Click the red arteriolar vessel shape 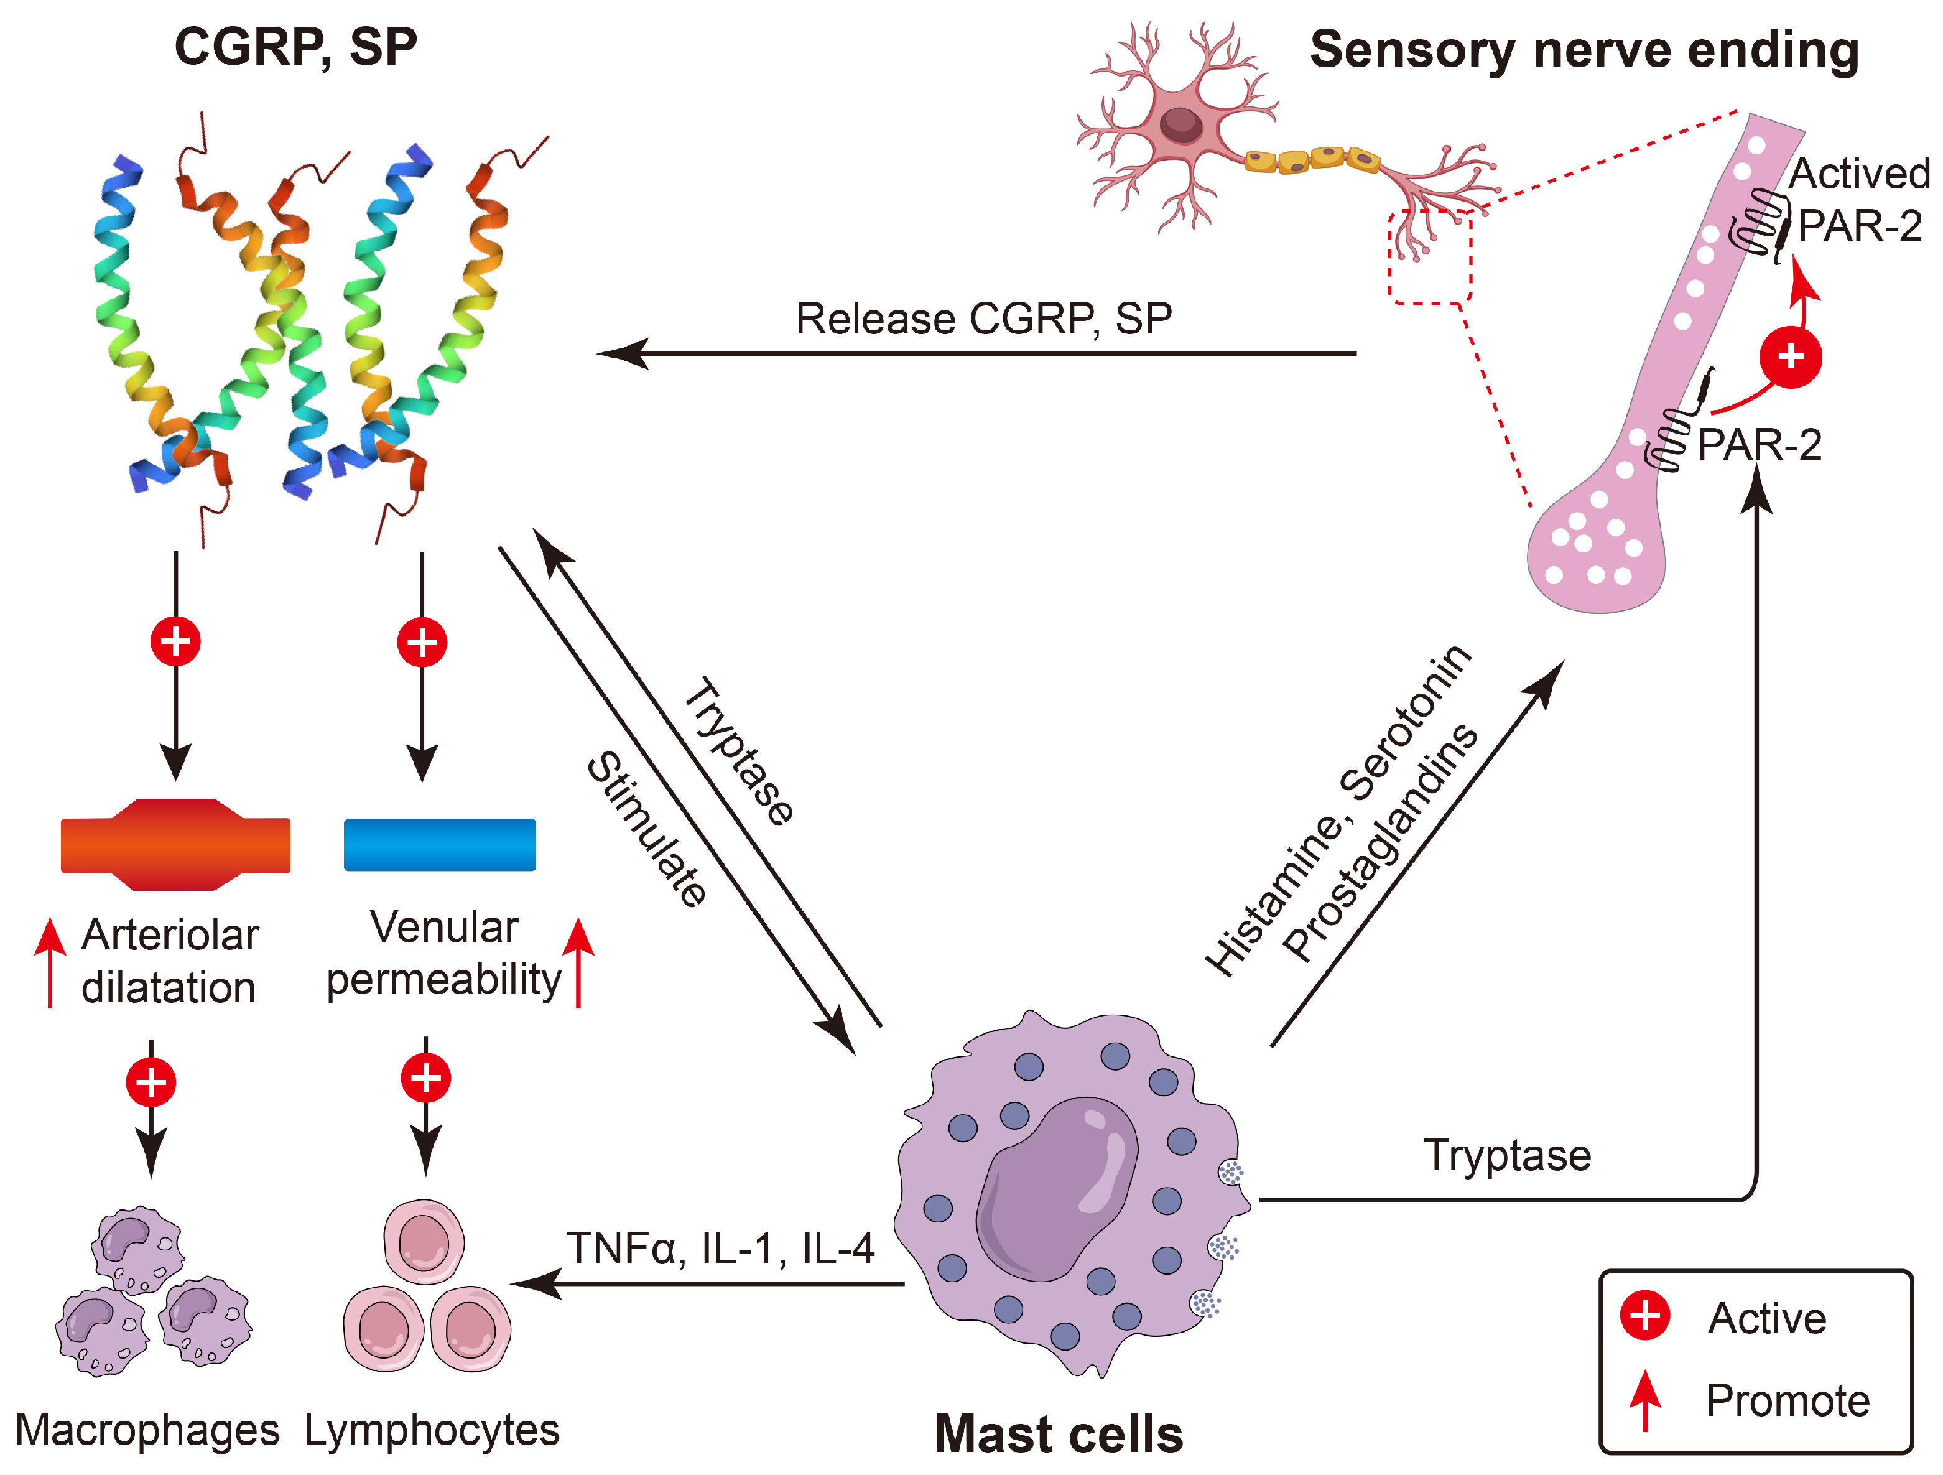tap(175, 844)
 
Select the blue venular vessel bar tap(439, 844)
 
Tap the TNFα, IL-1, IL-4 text tap(720, 1247)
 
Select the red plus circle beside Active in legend tap(1644, 1315)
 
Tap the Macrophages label tap(147, 1430)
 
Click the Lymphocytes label tap(431, 1430)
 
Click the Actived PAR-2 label tap(1858, 200)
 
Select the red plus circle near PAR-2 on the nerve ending tap(1790, 356)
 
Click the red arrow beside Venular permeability tap(578, 961)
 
